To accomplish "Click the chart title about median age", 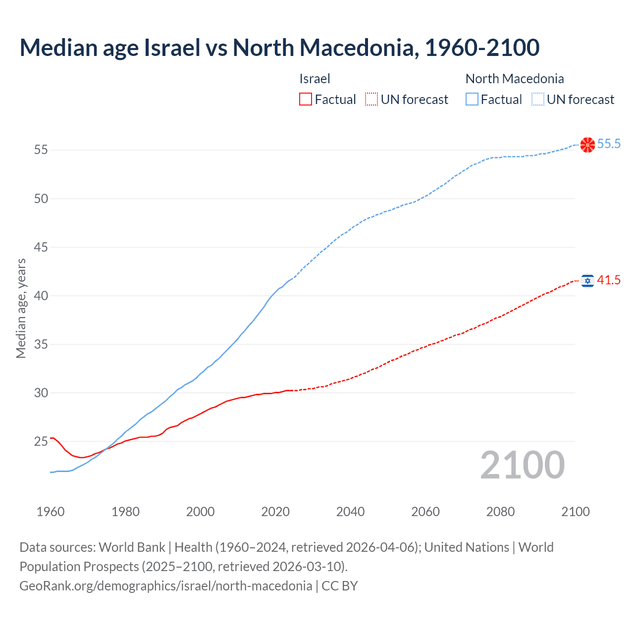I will click(x=279, y=48).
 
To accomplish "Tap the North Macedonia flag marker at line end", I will click(x=587, y=145).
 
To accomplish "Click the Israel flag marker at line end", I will click(x=587, y=281).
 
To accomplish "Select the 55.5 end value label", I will click(x=609, y=144).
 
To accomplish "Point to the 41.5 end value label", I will click(x=609, y=280).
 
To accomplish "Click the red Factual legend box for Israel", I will click(x=306, y=100).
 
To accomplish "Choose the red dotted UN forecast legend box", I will click(x=371, y=100).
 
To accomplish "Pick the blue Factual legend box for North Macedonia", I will click(x=472, y=100).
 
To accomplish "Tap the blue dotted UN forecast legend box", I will click(x=537, y=100).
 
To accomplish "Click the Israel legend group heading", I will click(x=315, y=79).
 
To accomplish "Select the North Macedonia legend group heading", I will click(x=514, y=79).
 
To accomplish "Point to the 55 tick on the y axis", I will click(x=41, y=150).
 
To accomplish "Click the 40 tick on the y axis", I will click(x=41, y=296).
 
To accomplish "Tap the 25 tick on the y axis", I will click(x=41, y=441).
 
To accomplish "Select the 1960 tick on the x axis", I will click(x=51, y=512).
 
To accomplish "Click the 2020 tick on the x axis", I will click(x=275, y=512).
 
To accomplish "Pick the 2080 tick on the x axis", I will click(x=500, y=512).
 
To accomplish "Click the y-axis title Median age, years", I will click(x=21, y=308).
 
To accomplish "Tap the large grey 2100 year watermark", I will click(x=522, y=465).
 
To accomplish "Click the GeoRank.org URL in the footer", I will click(x=166, y=586).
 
